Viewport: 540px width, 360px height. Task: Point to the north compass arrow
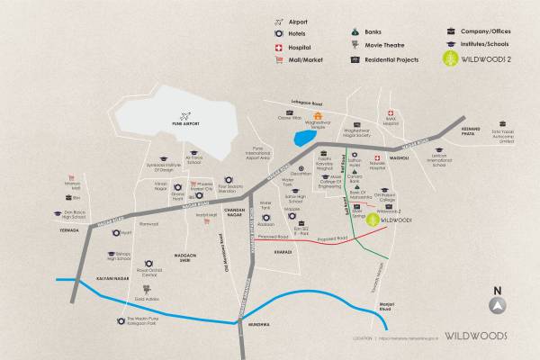[495, 304]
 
